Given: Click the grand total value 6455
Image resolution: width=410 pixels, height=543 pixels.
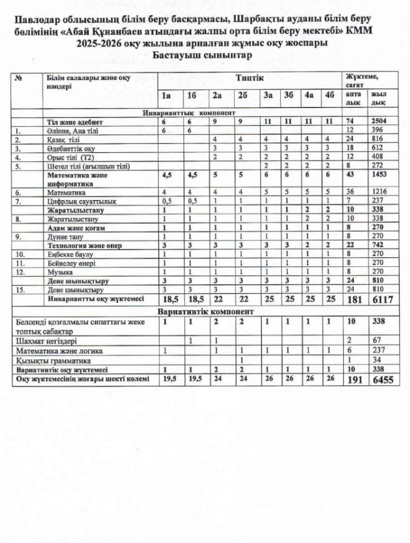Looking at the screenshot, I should (381, 380).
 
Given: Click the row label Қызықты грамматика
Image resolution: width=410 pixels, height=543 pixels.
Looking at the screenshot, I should (50, 360).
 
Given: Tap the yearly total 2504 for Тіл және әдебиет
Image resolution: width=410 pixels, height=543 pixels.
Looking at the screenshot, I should (380, 122).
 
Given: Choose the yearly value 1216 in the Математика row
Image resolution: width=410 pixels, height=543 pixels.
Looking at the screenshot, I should (380, 191).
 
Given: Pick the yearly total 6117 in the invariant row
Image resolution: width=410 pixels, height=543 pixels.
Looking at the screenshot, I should (380, 299).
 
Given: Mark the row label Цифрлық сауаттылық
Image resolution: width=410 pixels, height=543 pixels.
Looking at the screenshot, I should (77, 200).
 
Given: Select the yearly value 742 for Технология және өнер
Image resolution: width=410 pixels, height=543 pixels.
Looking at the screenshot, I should (380, 246).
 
